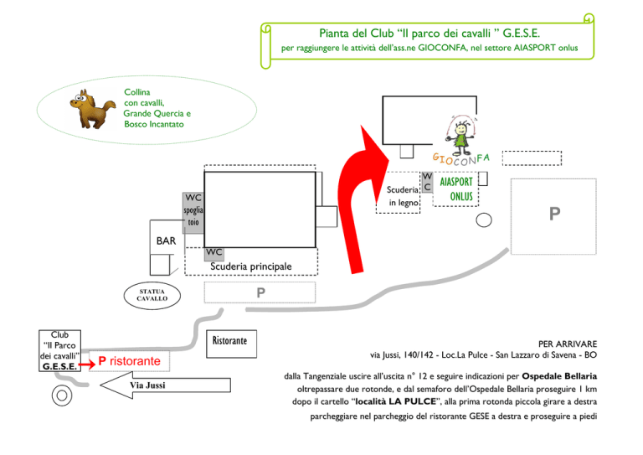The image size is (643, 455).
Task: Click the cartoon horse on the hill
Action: (92, 109)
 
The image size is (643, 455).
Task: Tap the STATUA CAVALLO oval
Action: (152, 296)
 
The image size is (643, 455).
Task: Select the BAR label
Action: (166, 240)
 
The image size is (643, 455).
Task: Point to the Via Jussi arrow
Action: (165, 385)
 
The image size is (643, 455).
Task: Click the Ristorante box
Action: (231, 344)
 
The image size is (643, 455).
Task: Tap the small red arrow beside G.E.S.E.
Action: (87, 365)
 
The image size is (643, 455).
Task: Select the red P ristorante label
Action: (129, 361)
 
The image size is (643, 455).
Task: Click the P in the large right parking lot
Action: (554, 214)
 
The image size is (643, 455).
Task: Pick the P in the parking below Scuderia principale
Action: (261, 292)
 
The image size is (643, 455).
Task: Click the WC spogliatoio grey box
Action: (193, 214)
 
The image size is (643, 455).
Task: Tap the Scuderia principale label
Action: (251, 266)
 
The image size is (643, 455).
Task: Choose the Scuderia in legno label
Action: (403, 196)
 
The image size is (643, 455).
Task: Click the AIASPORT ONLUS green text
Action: (457, 189)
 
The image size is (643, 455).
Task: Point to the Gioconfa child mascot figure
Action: (461, 132)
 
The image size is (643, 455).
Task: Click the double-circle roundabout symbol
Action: (62, 396)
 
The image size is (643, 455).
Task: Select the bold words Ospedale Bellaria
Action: (559, 376)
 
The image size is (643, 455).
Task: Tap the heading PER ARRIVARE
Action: (568, 344)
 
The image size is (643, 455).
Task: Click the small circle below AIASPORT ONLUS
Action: (484, 220)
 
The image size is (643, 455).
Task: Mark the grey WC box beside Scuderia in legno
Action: (427, 182)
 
